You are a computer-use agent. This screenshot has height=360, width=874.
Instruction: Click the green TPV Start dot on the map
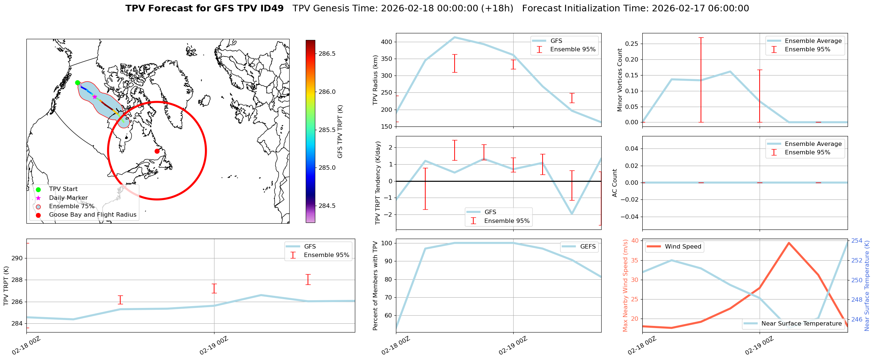pos(77,82)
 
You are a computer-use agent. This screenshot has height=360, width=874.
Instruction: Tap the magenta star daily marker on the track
pos(95,97)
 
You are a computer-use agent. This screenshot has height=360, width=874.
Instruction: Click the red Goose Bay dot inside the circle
pos(157,151)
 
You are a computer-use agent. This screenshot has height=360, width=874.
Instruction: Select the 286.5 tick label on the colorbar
pos(327,54)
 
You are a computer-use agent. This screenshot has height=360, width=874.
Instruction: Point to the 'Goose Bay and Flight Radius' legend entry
pos(92,215)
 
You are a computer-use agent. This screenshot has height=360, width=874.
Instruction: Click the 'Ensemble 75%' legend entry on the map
pos(71,206)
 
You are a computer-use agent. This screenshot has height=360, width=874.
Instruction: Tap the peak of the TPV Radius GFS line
pos(455,37)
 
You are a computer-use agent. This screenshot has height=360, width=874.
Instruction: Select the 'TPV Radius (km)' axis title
pos(375,80)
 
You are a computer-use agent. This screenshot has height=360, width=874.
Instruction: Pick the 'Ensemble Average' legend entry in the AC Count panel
pos(813,144)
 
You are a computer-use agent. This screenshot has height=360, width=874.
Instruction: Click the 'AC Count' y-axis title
pos(615,183)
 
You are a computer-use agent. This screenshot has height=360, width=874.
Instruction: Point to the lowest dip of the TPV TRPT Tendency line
pos(572,214)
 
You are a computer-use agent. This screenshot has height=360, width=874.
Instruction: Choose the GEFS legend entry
pos(588,247)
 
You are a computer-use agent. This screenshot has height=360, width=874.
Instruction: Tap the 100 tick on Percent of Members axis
pos(387,243)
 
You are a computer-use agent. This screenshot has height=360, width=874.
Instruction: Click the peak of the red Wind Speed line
pos(789,243)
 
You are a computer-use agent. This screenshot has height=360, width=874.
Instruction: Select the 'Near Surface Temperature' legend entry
pos(801,324)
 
